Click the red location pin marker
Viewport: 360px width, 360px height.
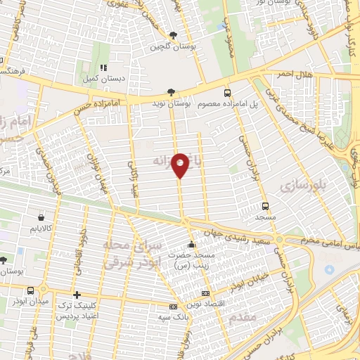[181, 165]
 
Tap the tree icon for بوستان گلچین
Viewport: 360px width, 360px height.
[173, 34]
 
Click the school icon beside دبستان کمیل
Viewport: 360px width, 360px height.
[103, 68]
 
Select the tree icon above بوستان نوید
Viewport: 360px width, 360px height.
[172, 92]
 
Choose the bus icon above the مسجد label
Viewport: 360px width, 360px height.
[265, 207]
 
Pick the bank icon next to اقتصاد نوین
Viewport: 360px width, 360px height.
[205, 293]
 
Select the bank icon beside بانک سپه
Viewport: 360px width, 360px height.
[172, 307]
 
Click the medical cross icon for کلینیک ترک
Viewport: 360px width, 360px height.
[77, 295]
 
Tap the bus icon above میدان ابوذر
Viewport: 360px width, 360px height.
[31, 290]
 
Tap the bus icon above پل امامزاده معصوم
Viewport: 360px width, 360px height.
[226, 92]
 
